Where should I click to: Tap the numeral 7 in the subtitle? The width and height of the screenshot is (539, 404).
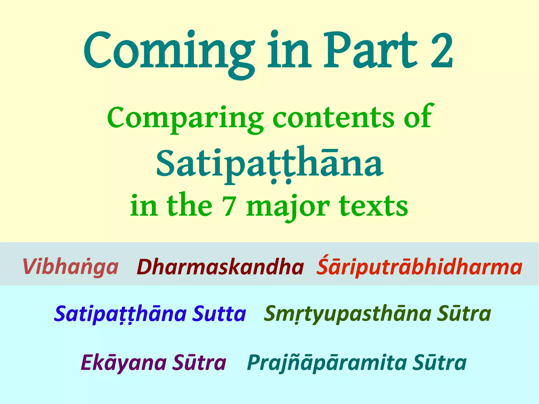click(228, 207)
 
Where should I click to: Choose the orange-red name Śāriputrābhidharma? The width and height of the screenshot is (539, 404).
click(419, 266)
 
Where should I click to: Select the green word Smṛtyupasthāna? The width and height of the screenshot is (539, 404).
click(347, 314)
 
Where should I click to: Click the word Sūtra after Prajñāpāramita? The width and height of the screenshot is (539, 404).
click(439, 362)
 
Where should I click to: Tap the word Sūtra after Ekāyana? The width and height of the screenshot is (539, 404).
click(199, 362)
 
